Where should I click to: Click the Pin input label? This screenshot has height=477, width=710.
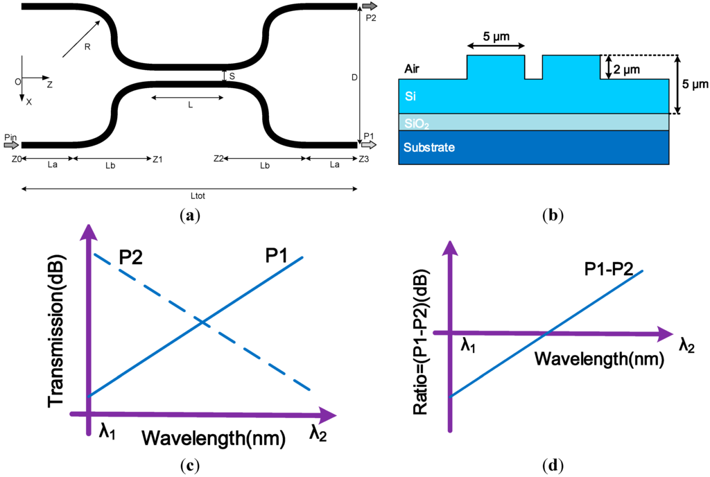click(x=9, y=137)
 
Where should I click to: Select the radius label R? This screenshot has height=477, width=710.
click(x=87, y=47)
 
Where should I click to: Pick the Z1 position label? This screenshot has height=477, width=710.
click(x=157, y=159)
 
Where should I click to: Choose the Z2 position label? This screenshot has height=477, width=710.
click(x=219, y=159)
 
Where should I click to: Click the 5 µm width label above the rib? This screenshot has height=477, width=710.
click(x=495, y=35)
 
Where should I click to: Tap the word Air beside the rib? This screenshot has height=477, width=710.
click(x=413, y=69)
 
